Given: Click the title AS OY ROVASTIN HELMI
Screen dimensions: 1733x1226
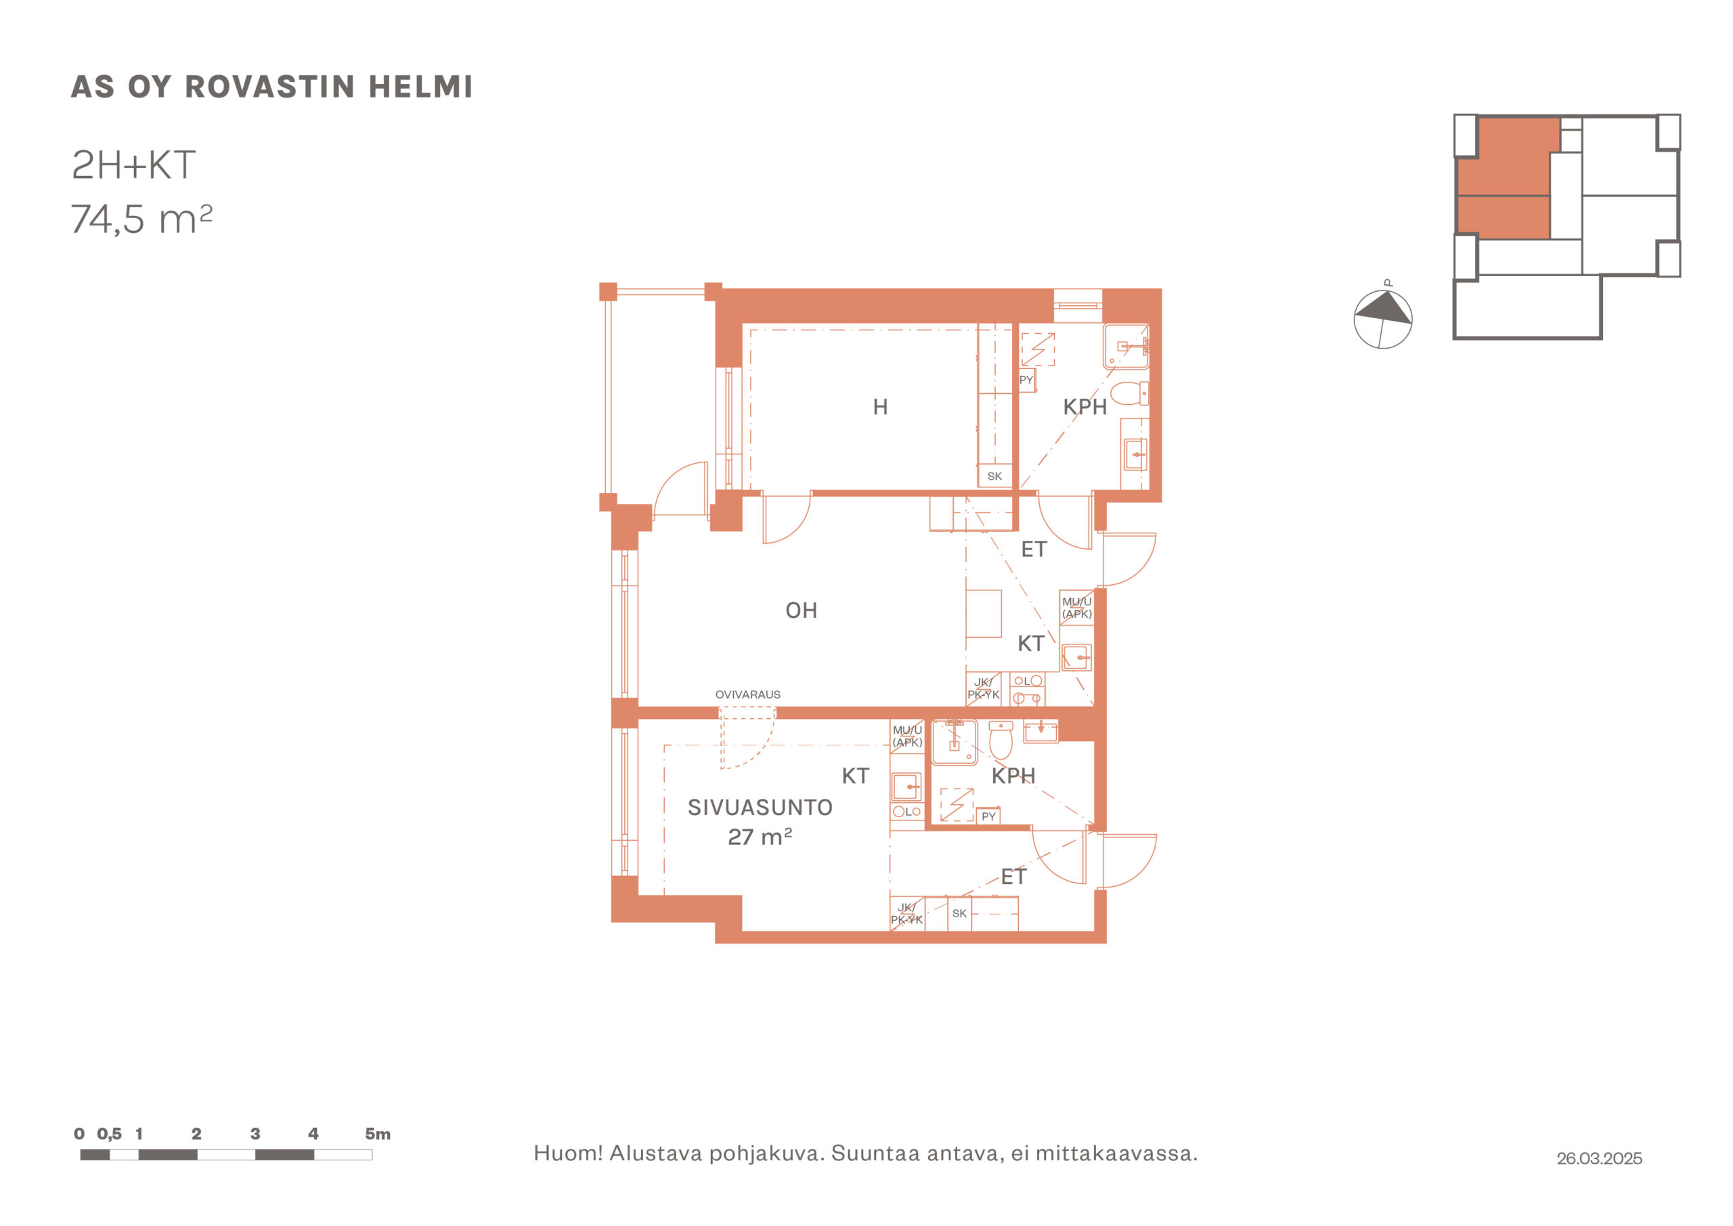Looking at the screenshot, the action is pyautogui.click(x=271, y=87).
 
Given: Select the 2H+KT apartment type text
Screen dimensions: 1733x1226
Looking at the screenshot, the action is pyautogui.click(x=133, y=165).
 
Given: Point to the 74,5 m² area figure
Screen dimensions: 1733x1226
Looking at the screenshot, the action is pyautogui.click(x=142, y=219).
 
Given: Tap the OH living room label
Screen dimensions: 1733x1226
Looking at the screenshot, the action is pyautogui.click(x=802, y=610).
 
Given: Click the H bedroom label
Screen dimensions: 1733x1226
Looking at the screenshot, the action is pyautogui.click(x=880, y=407).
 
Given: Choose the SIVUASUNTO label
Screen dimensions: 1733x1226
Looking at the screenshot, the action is pyautogui.click(x=760, y=807).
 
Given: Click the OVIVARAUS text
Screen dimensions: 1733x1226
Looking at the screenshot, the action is pyautogui.click(x=748, y=695).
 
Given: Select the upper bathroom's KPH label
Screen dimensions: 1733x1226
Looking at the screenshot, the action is pyautogui.click(x=1084, y=407).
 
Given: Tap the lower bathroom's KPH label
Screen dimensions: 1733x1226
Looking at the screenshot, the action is pyautogui.click(x=1013, y=775).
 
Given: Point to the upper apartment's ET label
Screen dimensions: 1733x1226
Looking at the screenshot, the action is pyautogui.click(x=1034, y=550).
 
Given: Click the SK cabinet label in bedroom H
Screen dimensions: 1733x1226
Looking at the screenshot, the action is pyautogui.click(x=995, y=477).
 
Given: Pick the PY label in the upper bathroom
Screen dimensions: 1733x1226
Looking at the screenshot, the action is pyautogui.click(x=1026, y=380).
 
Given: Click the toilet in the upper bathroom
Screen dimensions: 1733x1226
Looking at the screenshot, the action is pyautogui.click(x=1130, y=393).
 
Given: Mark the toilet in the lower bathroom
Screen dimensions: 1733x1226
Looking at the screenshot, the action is pyautogui.click(x=1001, y=741).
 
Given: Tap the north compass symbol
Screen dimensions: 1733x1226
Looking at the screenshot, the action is pyautogui.click(x=1383, y=318).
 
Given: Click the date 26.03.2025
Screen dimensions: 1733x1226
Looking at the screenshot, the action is pyautogui.click(x=1599, y=1158).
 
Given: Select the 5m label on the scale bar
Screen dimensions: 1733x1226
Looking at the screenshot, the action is pyautogui.click(x=377, y=1134).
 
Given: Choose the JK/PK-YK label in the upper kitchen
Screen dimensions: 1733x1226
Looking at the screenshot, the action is pyautogui.click(x=984, y=688).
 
